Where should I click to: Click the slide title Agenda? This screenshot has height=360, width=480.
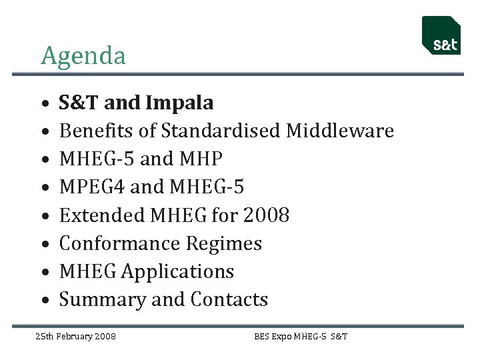coord(83,56)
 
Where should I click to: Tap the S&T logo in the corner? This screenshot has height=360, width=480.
coord(441,37)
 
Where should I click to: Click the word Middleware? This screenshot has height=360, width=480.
coord(340,131)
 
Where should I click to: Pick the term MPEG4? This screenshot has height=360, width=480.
coord(92,187)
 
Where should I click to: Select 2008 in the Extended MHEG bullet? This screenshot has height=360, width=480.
coord(266,215)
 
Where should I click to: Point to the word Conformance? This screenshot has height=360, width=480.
coord(119,243)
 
